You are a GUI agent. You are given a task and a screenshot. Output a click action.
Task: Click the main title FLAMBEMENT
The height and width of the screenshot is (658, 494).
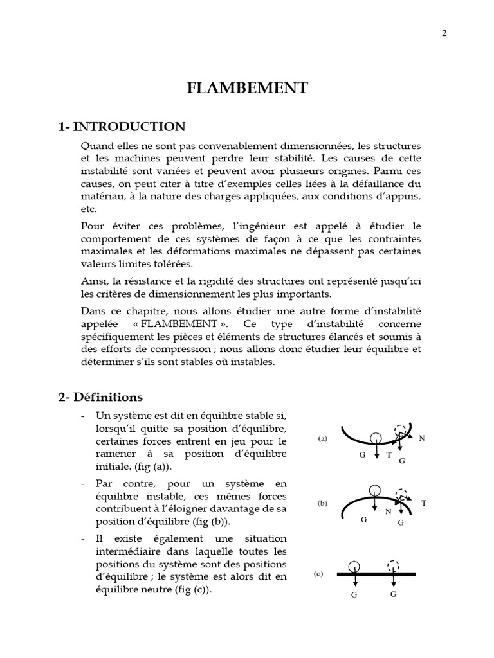(247, 88)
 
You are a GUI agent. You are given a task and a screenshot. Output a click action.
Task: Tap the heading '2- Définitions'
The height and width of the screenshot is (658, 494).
(100, 397)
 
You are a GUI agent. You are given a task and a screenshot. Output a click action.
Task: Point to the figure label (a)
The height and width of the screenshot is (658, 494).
(323, 439)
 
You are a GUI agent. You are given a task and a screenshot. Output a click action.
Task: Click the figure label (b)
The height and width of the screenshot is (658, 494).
(323, 504)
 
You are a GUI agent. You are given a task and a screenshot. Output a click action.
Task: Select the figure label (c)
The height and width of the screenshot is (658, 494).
(318, 574)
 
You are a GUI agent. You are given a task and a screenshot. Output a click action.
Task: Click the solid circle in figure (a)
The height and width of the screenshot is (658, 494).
(376, 438)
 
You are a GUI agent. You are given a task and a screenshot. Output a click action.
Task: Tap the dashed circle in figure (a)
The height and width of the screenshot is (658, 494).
(401, 431)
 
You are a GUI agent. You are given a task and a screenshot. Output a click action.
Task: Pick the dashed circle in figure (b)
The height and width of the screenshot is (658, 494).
(403, 493)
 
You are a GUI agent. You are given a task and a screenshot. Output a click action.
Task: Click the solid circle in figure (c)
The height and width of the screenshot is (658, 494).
(353, 567)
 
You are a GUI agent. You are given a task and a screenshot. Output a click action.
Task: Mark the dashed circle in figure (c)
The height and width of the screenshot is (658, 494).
(394, 566)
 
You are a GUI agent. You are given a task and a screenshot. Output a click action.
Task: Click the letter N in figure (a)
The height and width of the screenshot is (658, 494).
(422, 438)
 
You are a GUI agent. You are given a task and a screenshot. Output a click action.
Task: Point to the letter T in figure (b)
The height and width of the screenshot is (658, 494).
(424, 503)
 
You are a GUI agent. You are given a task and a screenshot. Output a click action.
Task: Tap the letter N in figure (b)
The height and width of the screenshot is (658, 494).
(388, 512)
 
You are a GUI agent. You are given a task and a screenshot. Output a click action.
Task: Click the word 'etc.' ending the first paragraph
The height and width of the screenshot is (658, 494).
(89, 209)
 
